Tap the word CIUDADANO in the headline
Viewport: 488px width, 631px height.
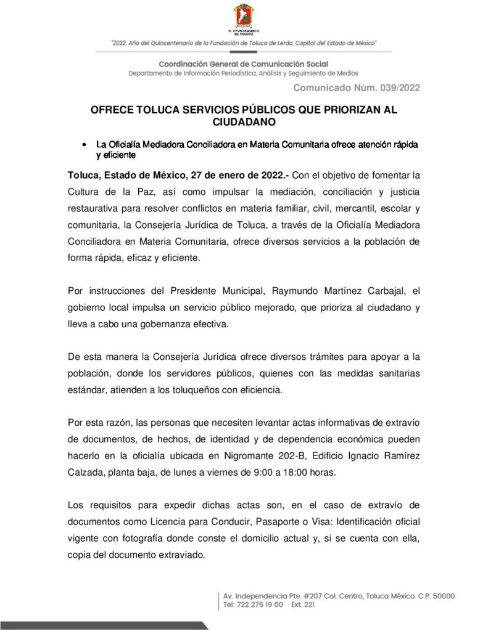coord(244,122)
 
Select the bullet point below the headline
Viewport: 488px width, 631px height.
coord(83,144)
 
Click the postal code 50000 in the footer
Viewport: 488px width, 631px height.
coord(442,596)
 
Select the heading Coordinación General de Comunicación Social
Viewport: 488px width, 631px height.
coord(244,64)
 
